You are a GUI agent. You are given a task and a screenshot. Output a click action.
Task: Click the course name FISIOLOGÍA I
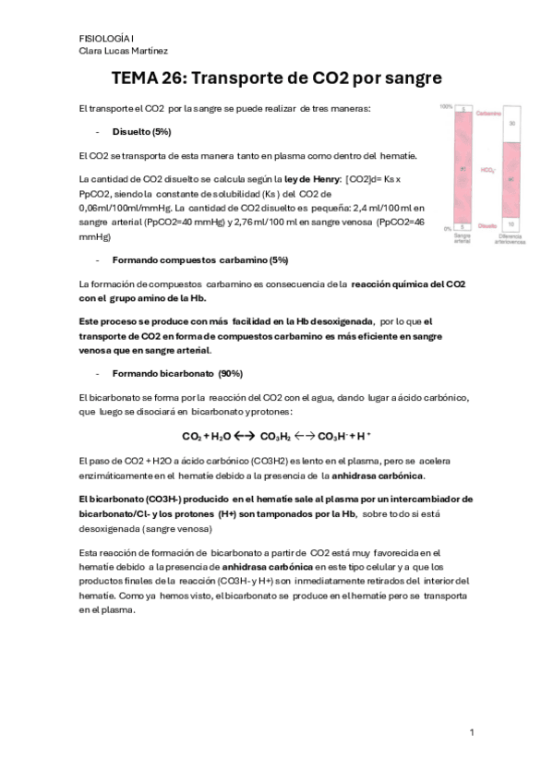(106, 38)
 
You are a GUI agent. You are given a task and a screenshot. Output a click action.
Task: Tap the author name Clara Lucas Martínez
(123, 51)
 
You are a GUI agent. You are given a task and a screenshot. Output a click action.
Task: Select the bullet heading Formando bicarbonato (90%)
(164, 374)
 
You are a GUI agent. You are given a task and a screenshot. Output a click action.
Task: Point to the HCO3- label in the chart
(486, 170)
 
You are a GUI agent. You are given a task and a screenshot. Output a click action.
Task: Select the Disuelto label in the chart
(487, 224)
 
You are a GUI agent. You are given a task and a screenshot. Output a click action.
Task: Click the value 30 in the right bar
(512, 123)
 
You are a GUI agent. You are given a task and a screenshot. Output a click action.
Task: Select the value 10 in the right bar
(512, 224)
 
